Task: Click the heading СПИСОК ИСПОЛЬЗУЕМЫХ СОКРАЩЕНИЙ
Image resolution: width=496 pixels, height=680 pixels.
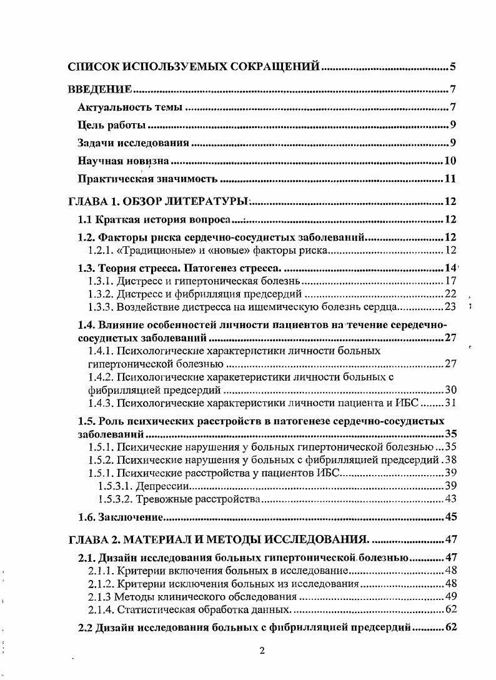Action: tap(194, 66)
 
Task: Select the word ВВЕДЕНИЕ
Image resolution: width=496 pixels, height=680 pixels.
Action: tap(99, 89)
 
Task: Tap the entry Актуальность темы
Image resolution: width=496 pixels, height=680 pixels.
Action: tap(129, 107)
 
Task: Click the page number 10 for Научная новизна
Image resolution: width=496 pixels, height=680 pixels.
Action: tap(450, 161)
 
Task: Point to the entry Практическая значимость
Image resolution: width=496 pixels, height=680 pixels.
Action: tap(147, 180)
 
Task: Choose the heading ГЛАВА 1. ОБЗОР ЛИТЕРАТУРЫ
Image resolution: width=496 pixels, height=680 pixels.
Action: tap(158, 202)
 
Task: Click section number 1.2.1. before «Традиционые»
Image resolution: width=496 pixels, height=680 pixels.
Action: tap(101, 251)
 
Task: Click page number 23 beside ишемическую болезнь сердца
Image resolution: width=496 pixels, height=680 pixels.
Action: tap(450, 306)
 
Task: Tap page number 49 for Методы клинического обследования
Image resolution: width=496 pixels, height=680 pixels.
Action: tap(450, 596)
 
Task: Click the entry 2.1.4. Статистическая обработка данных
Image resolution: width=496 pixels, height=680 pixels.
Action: tap(189, 609)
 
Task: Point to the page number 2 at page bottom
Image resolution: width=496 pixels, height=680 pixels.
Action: tap(262, 651)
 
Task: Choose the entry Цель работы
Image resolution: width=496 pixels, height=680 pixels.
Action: tap(112, 125)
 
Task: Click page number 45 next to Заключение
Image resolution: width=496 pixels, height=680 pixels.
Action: tap(450, 517)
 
